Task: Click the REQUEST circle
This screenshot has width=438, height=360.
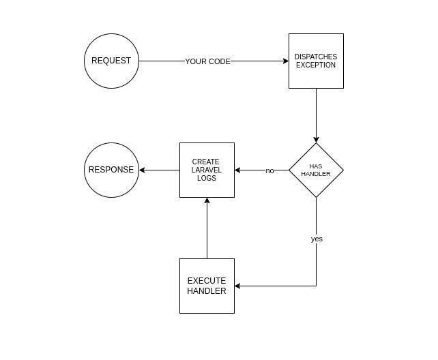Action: pos(111,61)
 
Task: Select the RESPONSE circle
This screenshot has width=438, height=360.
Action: pos(111,170)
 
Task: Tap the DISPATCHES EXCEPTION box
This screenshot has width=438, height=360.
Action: pos(316,61)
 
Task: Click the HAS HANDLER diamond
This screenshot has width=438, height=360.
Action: pos(316,170)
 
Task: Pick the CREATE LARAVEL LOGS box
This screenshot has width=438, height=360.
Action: pos(207,170)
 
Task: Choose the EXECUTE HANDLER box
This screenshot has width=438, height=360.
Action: pos(207,286)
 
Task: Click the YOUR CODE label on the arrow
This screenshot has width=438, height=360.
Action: pos(208,61)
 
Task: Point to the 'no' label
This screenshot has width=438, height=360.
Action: pos(269,170)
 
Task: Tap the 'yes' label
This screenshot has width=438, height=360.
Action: pos(317,239)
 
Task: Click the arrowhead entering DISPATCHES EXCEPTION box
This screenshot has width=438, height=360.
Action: pos(285,61)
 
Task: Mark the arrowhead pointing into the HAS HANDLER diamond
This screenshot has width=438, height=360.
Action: pos(316,139)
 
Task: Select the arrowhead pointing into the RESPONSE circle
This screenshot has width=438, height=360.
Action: pos(143,170)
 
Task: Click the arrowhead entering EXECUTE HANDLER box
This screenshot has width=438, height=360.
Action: pos(238,286)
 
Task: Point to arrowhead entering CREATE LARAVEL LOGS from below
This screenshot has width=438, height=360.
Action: pos(207,201)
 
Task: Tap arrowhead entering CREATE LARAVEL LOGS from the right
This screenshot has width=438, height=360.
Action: pos(238,170)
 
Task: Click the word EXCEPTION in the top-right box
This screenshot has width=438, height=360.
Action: pos(316,65)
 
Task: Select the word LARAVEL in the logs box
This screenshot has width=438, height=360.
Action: pos(207,170)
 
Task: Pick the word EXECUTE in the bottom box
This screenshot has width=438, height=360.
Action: pos(207,281)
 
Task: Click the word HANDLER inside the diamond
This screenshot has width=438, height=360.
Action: pos(316,174)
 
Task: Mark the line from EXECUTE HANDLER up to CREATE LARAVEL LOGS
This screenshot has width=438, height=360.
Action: pos(207,232)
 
